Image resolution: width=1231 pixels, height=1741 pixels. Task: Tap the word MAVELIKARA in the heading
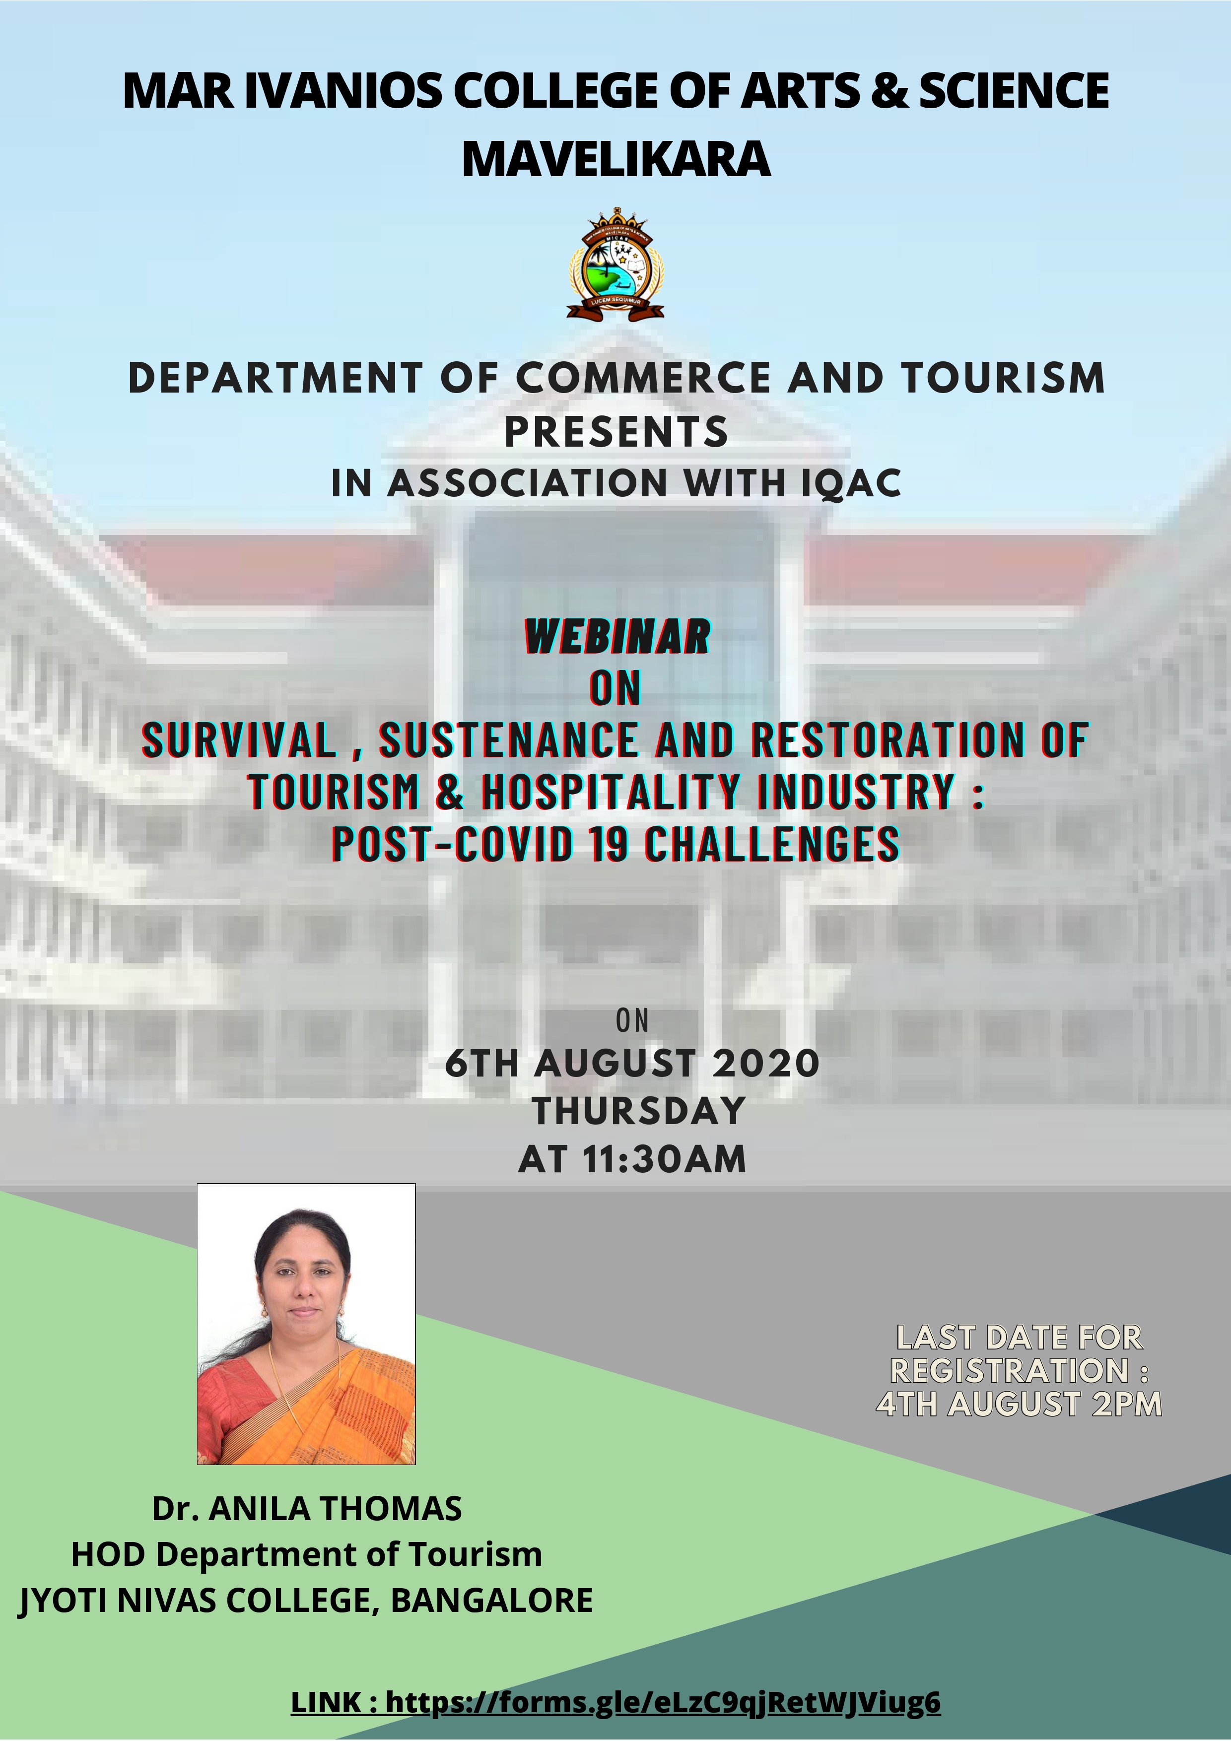[x=616, y=160]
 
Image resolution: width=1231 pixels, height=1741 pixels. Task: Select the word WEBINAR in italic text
[x=617, y=636]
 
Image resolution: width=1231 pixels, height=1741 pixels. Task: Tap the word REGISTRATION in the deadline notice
[x=1010, y=1370]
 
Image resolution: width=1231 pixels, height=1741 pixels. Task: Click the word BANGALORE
[x=491, y=1600]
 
